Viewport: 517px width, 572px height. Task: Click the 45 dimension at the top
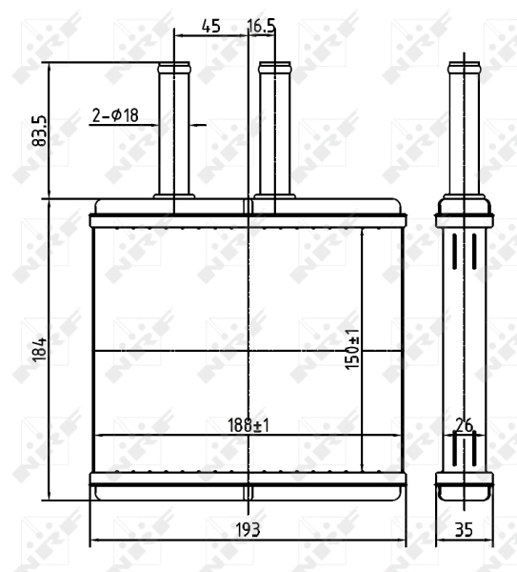pos(211,26)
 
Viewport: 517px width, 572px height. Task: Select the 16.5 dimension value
pos(261,26)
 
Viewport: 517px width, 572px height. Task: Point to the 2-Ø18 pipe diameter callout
pos(115,115)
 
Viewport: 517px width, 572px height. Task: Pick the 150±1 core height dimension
pos(352,350)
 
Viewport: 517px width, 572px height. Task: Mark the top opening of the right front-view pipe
pos(274,66)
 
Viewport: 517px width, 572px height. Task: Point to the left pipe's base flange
pos(174,197)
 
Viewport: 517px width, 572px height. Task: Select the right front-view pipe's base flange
pos(274,197)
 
